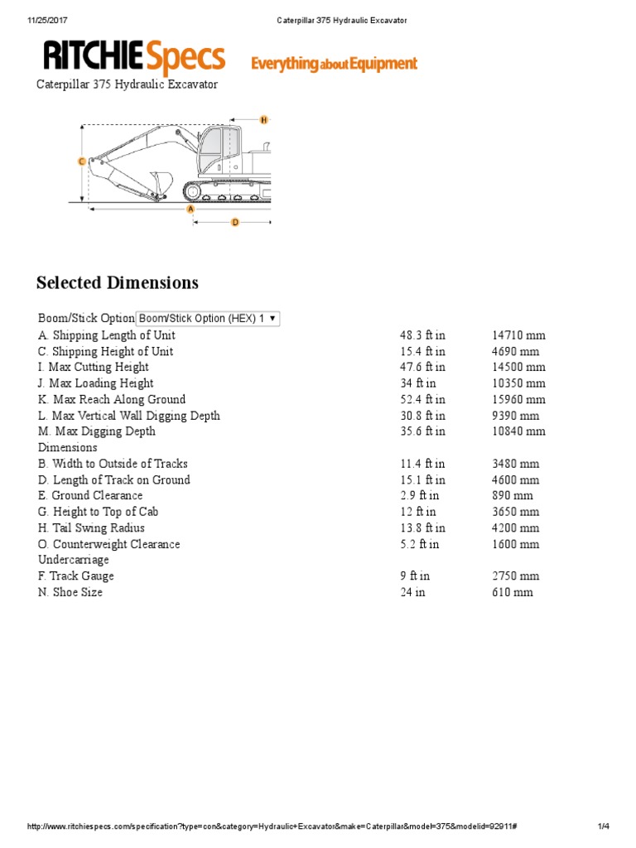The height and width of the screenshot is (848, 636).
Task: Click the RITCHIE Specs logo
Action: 134,58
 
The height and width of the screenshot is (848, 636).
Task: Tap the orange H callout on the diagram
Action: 264,120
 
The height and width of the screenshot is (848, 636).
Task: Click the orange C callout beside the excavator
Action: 81,161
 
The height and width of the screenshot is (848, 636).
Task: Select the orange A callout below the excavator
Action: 191,210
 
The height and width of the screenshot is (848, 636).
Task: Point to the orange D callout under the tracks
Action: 235,222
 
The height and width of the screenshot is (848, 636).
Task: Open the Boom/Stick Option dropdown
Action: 208,318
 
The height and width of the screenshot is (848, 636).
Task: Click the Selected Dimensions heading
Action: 118,283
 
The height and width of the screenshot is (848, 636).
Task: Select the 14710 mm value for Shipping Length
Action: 518,335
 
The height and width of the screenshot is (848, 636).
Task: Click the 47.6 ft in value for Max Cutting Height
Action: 422,367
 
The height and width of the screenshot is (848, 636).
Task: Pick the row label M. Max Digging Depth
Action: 97,431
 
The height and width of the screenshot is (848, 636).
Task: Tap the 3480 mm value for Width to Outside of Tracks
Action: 515,464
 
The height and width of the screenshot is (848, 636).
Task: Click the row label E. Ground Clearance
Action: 90,495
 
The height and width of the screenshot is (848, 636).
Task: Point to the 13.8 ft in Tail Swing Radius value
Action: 422,528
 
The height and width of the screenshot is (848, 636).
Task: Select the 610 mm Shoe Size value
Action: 512,592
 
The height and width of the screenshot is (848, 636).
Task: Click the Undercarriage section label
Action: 74,560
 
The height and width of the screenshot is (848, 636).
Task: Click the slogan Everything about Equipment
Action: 334,64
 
